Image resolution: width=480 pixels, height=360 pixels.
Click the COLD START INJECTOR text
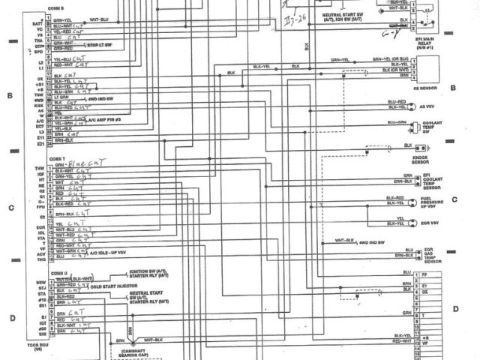click(115, 286)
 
